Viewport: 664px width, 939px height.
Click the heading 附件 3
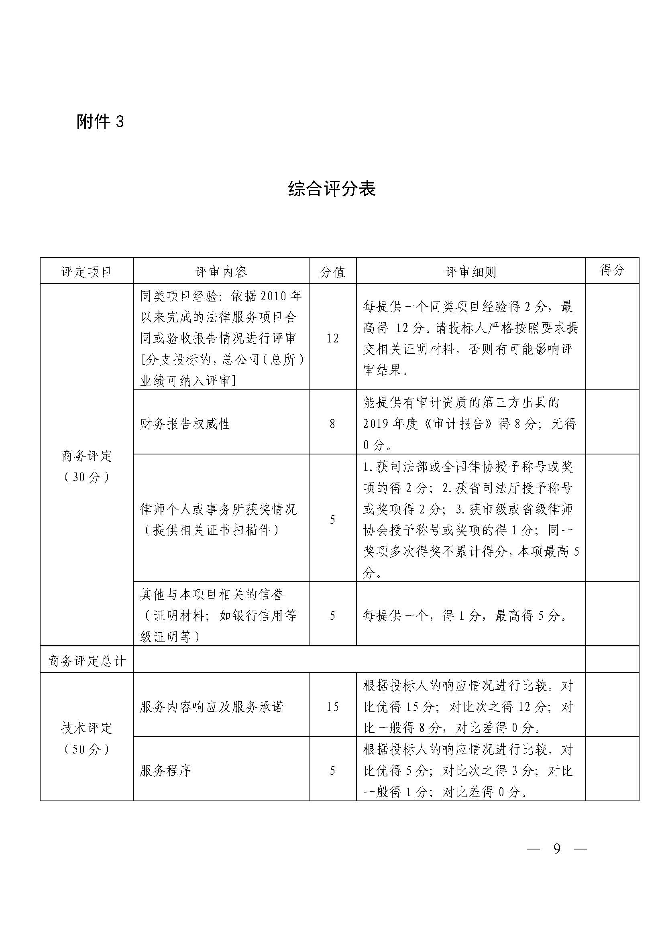[x=100, y=122]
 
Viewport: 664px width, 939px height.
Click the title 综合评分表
[x=332, y=189]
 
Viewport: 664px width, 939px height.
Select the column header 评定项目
[x=86, y=271]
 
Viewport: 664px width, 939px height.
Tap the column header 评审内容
[x=221, y=271]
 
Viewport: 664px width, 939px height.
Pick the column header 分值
[x=332, y=271]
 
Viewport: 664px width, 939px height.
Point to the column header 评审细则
[x=471, y=271]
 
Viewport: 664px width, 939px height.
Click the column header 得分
[x=612, y=270]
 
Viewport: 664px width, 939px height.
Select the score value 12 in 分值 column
[x=332, y=338]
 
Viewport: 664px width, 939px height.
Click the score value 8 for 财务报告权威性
[x=332, y=424]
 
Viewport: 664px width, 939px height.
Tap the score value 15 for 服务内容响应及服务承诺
[x=332, y=707]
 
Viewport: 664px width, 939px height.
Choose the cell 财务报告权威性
[x=185, y=424]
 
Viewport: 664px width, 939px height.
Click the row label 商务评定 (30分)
[x=86, y=466]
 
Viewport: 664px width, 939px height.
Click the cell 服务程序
[x=165, y=771]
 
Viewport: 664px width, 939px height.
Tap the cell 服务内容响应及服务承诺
[x=212, y=707]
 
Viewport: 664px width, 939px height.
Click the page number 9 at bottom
[x=556, y=849]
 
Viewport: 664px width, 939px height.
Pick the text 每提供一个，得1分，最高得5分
[x=465, y=615]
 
